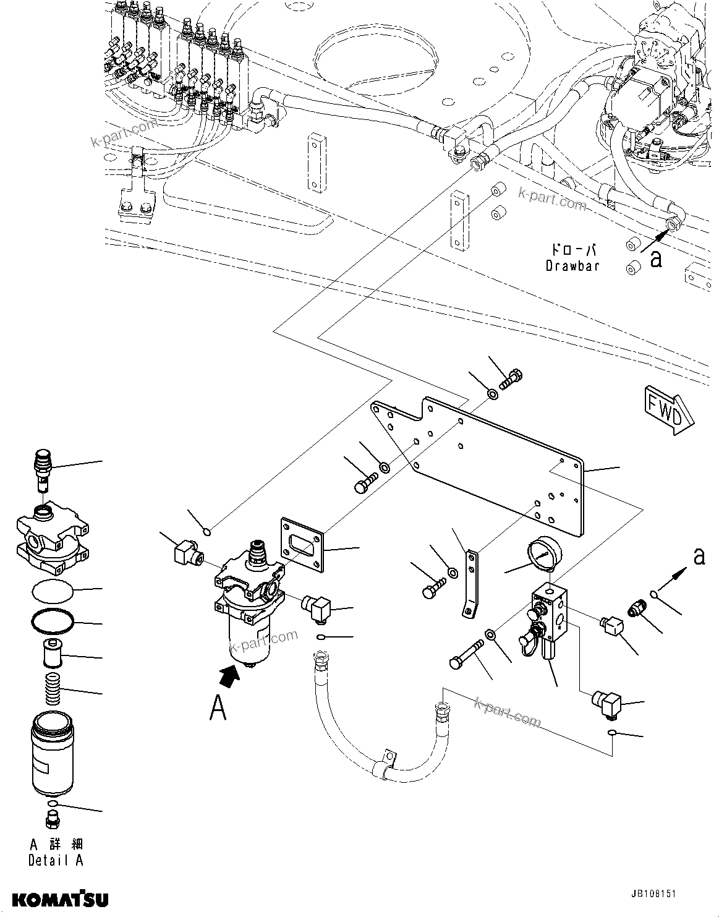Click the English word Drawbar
point(572,266)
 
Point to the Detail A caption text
point(56,860)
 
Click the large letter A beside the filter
point(218,708)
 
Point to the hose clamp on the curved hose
point(386,761)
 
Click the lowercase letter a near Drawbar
point(657,259)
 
